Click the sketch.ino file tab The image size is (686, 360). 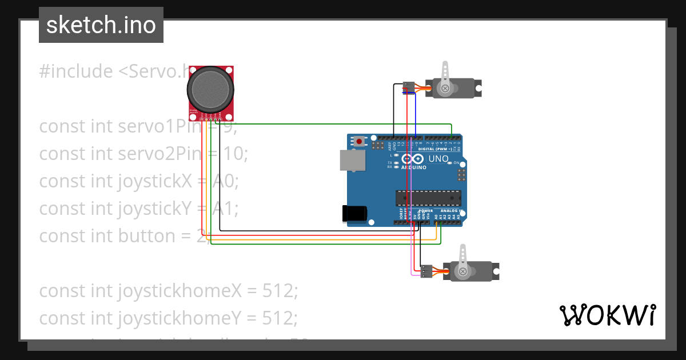(101, 25)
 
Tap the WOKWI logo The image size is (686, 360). (607, 315)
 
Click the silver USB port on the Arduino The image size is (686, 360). (352, 161)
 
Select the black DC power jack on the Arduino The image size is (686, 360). (354, 213)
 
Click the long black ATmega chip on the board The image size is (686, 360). (428, 198)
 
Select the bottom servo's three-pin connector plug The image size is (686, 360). (426, 271)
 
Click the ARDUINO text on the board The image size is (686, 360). (414, 167)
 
